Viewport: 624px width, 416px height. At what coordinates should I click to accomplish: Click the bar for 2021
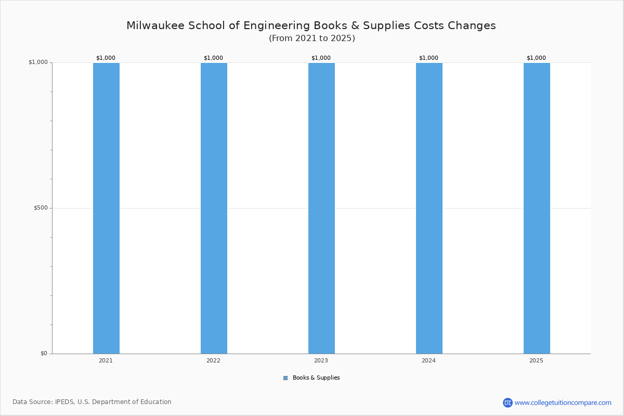coord(106,208)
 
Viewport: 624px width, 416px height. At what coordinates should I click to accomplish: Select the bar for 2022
coord(214,208)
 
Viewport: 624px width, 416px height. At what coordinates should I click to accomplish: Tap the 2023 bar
coord(321,208)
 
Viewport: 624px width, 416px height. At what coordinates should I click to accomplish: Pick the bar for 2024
coord(429,208)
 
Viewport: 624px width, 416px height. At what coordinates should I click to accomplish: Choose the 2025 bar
coord(537,208)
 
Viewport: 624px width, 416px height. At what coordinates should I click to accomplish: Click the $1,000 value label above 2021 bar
coord(106,58)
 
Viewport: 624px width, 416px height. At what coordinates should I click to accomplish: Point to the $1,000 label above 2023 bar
coord(321,58)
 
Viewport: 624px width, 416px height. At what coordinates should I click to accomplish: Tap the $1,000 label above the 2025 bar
coord(536,58)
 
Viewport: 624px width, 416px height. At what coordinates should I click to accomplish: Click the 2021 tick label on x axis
coord(106,360)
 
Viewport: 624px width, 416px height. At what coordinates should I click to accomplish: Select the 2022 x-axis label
coord(213,360)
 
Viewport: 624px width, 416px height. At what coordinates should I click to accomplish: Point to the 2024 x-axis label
coord(428,360)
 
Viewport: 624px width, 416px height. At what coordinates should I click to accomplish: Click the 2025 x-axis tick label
coord(536,360)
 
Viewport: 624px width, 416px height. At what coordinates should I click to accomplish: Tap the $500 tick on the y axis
coord(41,208)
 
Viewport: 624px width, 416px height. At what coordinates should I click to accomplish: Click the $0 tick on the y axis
coord(44,354)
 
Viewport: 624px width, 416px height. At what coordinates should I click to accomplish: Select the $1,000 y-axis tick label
coord(38,62)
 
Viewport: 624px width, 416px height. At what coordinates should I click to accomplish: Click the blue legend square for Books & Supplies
coord(285,378)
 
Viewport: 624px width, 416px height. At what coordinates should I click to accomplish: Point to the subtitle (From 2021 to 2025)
coord(311,38)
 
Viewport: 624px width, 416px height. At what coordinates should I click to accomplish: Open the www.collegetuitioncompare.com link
coord(563,402)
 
